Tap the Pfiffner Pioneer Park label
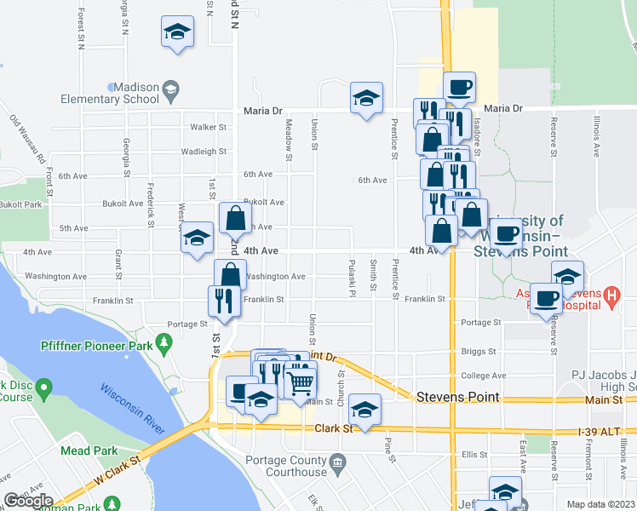(x=95, y=345)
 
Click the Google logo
(x=29, y=501)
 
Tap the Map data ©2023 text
(x=601, y=504)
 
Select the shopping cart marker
(x=300, y=381)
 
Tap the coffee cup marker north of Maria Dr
(x=460, y=87)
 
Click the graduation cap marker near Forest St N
(x=177, y=32)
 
